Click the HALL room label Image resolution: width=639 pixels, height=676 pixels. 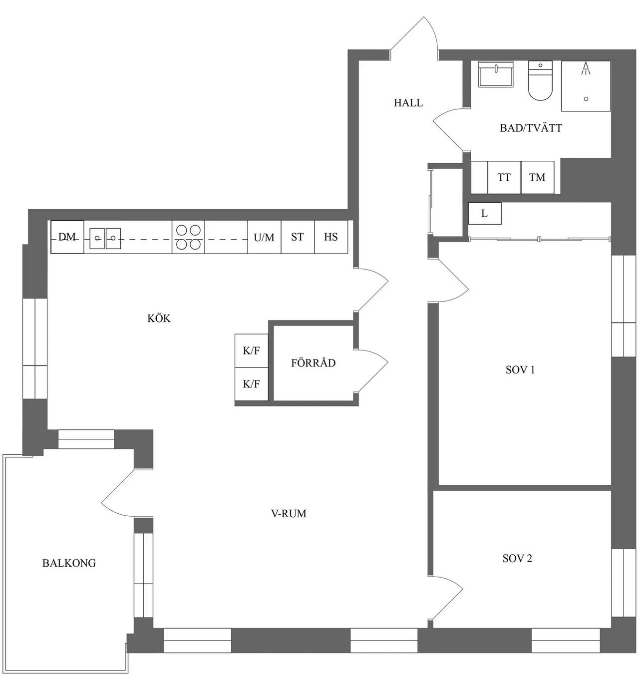pyautogui.click(x=408, y=103)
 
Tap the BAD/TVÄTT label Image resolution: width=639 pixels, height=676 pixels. pyautogui.click(x=531, y=128)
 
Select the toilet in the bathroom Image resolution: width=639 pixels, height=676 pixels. pyautogui.click(x=540, y=81)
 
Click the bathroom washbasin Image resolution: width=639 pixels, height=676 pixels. pyautogui.click(x=496, y=74)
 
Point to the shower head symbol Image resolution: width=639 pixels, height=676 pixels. pyautogui.click(x=586, y=68)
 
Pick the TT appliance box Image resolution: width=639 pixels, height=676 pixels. pyautogui.click(x=504, y=177)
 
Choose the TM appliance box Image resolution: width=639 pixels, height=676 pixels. pyautogui.click(x=537, y=177)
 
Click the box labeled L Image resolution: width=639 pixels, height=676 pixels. pyautogui.click(x=485, y=214)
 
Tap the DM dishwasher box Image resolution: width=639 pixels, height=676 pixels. pyautogui.click(x=67, y=237)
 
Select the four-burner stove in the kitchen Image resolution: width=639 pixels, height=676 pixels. pyautogui.click(x=188, y=237)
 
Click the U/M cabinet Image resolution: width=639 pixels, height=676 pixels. pyautogui.click(x=264, y=237)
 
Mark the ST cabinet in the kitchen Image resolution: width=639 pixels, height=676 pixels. pyautogui.click(x=298, y=237)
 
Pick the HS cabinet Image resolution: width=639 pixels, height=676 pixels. pyautogui.click(x=331, y=237)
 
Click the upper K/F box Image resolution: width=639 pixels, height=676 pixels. pyautogui.click(x=252, y=350)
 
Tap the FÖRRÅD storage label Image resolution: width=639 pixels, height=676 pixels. pyautogui.click(x=314, y=363)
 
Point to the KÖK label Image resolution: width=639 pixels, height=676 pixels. pyautogui.click(x=159, y=319)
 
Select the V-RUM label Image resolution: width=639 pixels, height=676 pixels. pyautogui.click(x=289, y=513)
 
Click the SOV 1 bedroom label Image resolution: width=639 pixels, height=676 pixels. pyautogui.click(x=520, y=369)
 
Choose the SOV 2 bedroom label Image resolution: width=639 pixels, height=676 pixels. pyautogui.click(x=517, y=558)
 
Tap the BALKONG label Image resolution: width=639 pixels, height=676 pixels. pyautogui.click(x=69, y=563)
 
